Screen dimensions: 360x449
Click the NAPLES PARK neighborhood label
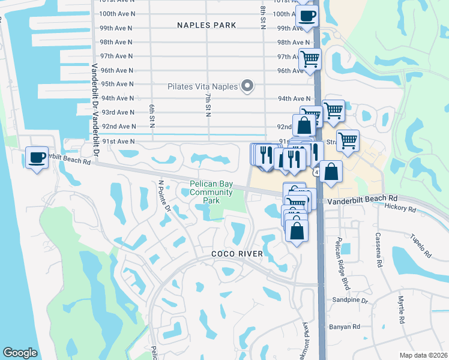206,25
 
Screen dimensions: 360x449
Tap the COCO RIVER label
237,254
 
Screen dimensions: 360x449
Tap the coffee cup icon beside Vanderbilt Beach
37,158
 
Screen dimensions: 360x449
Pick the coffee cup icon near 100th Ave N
307,16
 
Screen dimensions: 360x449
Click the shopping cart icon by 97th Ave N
310,59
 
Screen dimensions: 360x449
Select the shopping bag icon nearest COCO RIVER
297,230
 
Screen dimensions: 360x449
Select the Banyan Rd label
344,327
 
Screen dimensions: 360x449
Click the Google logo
20,353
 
